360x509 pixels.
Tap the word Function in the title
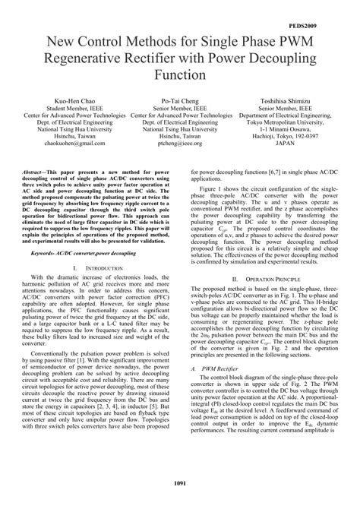click(x=179, y=75)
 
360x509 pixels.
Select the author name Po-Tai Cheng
click(x=180, y=101)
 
